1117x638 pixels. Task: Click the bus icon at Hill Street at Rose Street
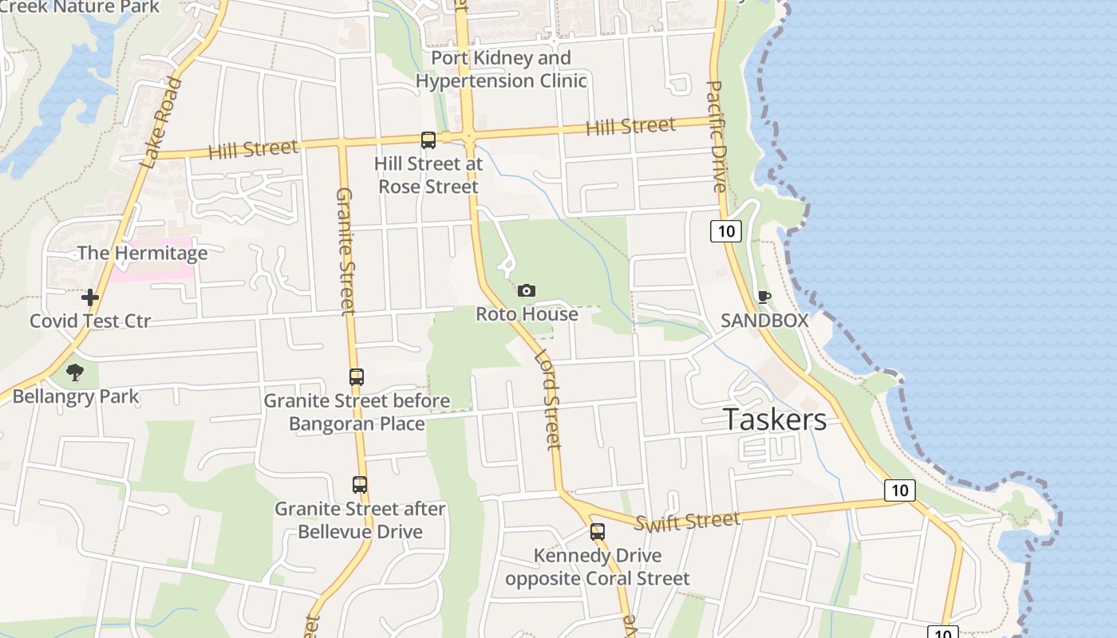coord(428,140)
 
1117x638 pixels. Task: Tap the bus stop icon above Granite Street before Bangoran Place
coord(357,376)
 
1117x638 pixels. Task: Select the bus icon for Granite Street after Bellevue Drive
coord(360,484)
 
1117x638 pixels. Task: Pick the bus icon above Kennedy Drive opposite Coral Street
coord(598,531)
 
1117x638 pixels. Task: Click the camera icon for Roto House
coord(527,291)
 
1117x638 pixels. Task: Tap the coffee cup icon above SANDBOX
coord(764,297)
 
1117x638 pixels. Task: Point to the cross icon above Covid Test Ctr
coord(90,297)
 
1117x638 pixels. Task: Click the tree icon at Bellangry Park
coord(75,372)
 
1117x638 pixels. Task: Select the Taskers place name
coord(775,419)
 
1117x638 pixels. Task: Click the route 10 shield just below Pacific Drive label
coord(725,231)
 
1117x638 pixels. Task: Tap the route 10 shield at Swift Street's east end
coord(899,490)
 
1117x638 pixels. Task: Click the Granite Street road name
coord(345,251)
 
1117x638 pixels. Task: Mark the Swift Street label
coord(688,522)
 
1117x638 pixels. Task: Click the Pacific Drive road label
coord(716,136)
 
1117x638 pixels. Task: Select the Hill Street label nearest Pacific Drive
coord(630,126)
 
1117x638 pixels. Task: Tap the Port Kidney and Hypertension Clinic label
coord(501,69)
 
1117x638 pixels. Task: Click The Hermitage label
coord(142,254)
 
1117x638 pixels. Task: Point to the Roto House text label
coord(527,314)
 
